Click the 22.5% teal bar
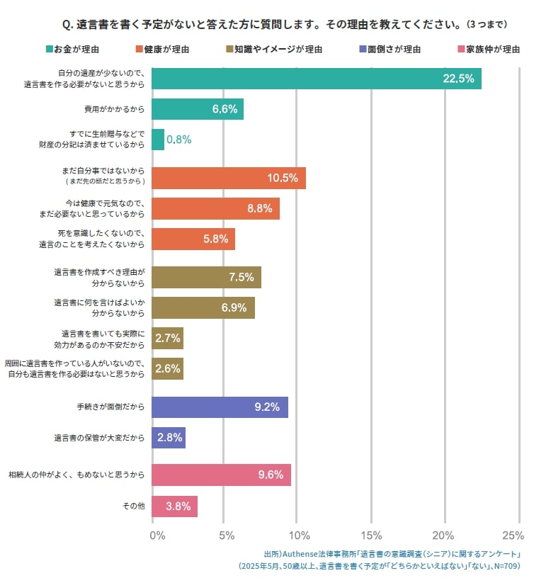click(x=317, y=79)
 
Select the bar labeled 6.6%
click(x=198, y=109)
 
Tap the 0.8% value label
click(x=178, y=140)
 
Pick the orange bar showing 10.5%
click(x=229, y=178)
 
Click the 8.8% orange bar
click(x=216, y=208)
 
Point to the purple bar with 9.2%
click(x=220, y=407)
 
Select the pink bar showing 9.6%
click(x=222, y=475)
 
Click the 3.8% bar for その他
click(x=175, y=506)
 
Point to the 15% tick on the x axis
click(x=371, y=535)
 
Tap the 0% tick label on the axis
click(x=157, y=535)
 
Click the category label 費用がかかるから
click(x=114, y=110)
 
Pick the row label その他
click(x=133, y=506)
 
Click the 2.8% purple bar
click(x=169, y=438)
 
